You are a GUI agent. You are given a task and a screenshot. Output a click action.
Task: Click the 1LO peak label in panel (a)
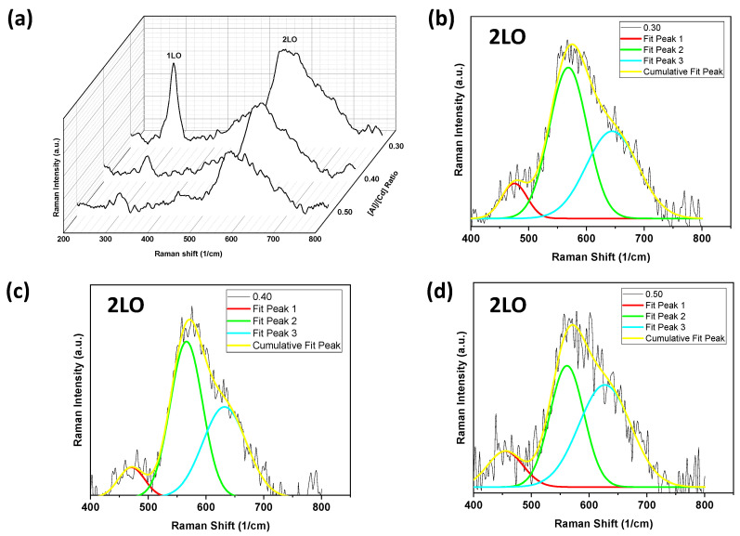174,56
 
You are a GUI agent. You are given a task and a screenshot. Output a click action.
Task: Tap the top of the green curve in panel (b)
568,67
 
